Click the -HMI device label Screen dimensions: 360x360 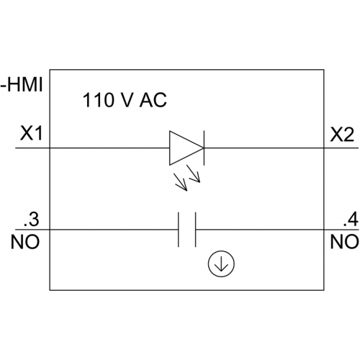22,85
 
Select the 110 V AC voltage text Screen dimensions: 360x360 125,100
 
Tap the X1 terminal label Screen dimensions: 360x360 31,133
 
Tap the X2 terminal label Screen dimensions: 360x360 342,135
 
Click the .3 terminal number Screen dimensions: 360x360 31,220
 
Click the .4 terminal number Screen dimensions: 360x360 351,220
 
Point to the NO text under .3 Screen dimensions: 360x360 25,242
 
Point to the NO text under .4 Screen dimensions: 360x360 344,242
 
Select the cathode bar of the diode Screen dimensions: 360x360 204,148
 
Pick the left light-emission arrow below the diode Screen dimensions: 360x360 181,182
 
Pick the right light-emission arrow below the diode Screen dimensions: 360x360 194,174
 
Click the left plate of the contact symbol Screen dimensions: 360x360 179,230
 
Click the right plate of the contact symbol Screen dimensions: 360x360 196,230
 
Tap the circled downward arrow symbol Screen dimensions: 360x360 221,264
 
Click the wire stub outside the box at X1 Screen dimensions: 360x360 32,148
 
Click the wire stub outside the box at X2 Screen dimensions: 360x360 341,148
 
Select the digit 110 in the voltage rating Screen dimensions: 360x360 98,100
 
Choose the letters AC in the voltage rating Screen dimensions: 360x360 153,100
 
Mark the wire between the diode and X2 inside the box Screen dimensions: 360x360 264,148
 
